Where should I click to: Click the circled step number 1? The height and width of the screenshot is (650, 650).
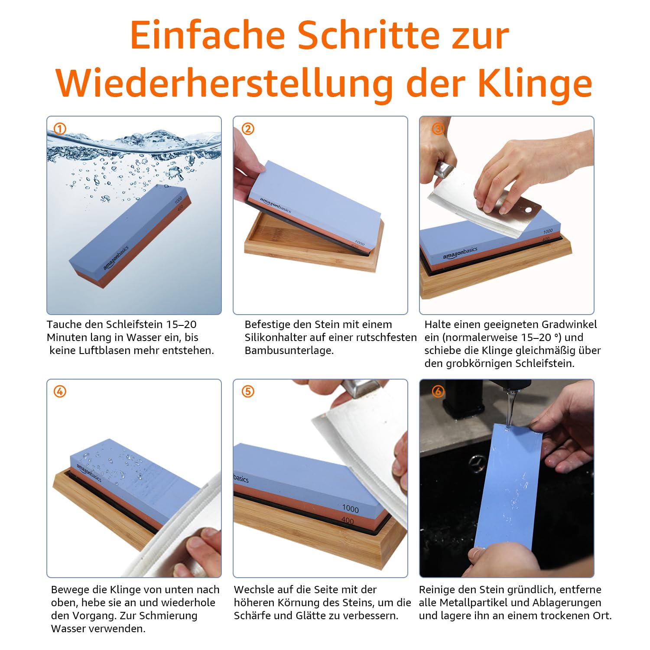click(60, 129)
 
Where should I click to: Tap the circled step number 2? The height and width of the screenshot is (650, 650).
click(248, 129)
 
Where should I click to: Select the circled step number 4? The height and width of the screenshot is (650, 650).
click(60, 392)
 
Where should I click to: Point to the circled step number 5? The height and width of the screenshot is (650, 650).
click(248, 392)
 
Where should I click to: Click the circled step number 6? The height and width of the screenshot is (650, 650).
click(438, 392)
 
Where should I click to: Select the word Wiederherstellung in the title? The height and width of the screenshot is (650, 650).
click(224, 83)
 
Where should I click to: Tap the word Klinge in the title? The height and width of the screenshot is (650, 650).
click(535, 83)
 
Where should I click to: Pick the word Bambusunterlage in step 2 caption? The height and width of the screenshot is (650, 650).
click(289, 351)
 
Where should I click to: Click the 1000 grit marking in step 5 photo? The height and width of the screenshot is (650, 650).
click(350, 508)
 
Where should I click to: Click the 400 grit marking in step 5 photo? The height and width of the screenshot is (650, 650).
click(348, 520)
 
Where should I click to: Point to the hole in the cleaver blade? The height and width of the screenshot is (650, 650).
click(528, 210)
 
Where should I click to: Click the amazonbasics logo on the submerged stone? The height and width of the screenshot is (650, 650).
click(116, 258)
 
